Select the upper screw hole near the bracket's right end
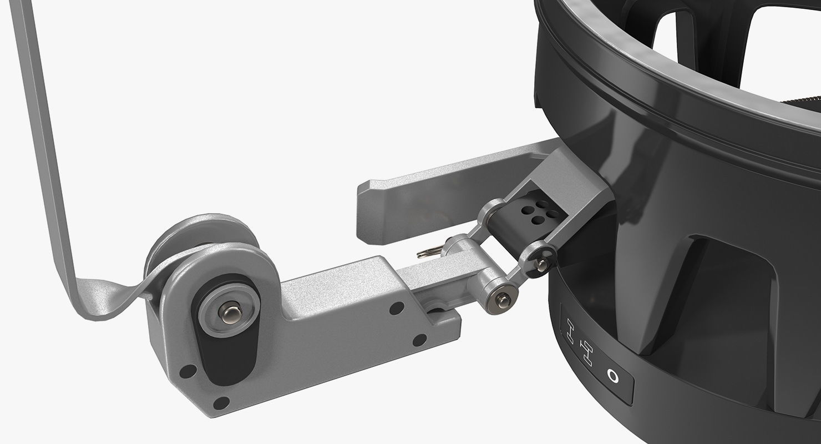coord(398,306)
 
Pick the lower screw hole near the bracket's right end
coord(421,339)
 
